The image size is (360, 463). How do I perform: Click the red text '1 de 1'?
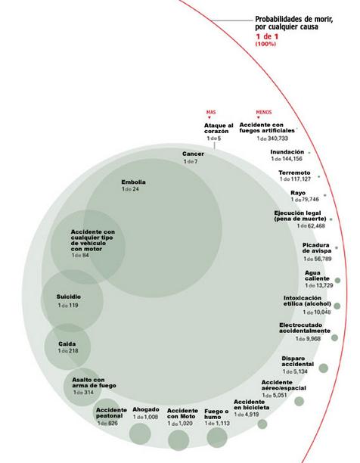267,36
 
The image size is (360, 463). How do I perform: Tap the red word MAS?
211,112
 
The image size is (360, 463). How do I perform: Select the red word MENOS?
264,112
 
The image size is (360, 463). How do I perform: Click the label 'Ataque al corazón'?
219,128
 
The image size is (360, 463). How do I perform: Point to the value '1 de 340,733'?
272,138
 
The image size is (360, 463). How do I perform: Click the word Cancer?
193,154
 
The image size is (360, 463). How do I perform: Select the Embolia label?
133,182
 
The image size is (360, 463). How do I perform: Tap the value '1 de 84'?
80,255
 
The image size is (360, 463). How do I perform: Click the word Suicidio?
69,297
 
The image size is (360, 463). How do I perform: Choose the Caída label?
67,344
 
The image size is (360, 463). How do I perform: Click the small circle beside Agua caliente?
337,280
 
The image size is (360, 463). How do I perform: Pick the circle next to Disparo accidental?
324,368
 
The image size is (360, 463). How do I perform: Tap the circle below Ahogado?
140,433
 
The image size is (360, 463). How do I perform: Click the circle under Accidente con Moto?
178,440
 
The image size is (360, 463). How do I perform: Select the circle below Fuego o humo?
217,437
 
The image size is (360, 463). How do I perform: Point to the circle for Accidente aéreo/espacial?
299,401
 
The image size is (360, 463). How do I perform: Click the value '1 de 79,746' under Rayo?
305,199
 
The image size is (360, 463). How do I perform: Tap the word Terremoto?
294,172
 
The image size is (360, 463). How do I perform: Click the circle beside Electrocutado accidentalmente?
334,337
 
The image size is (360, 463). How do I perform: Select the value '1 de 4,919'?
247,415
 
